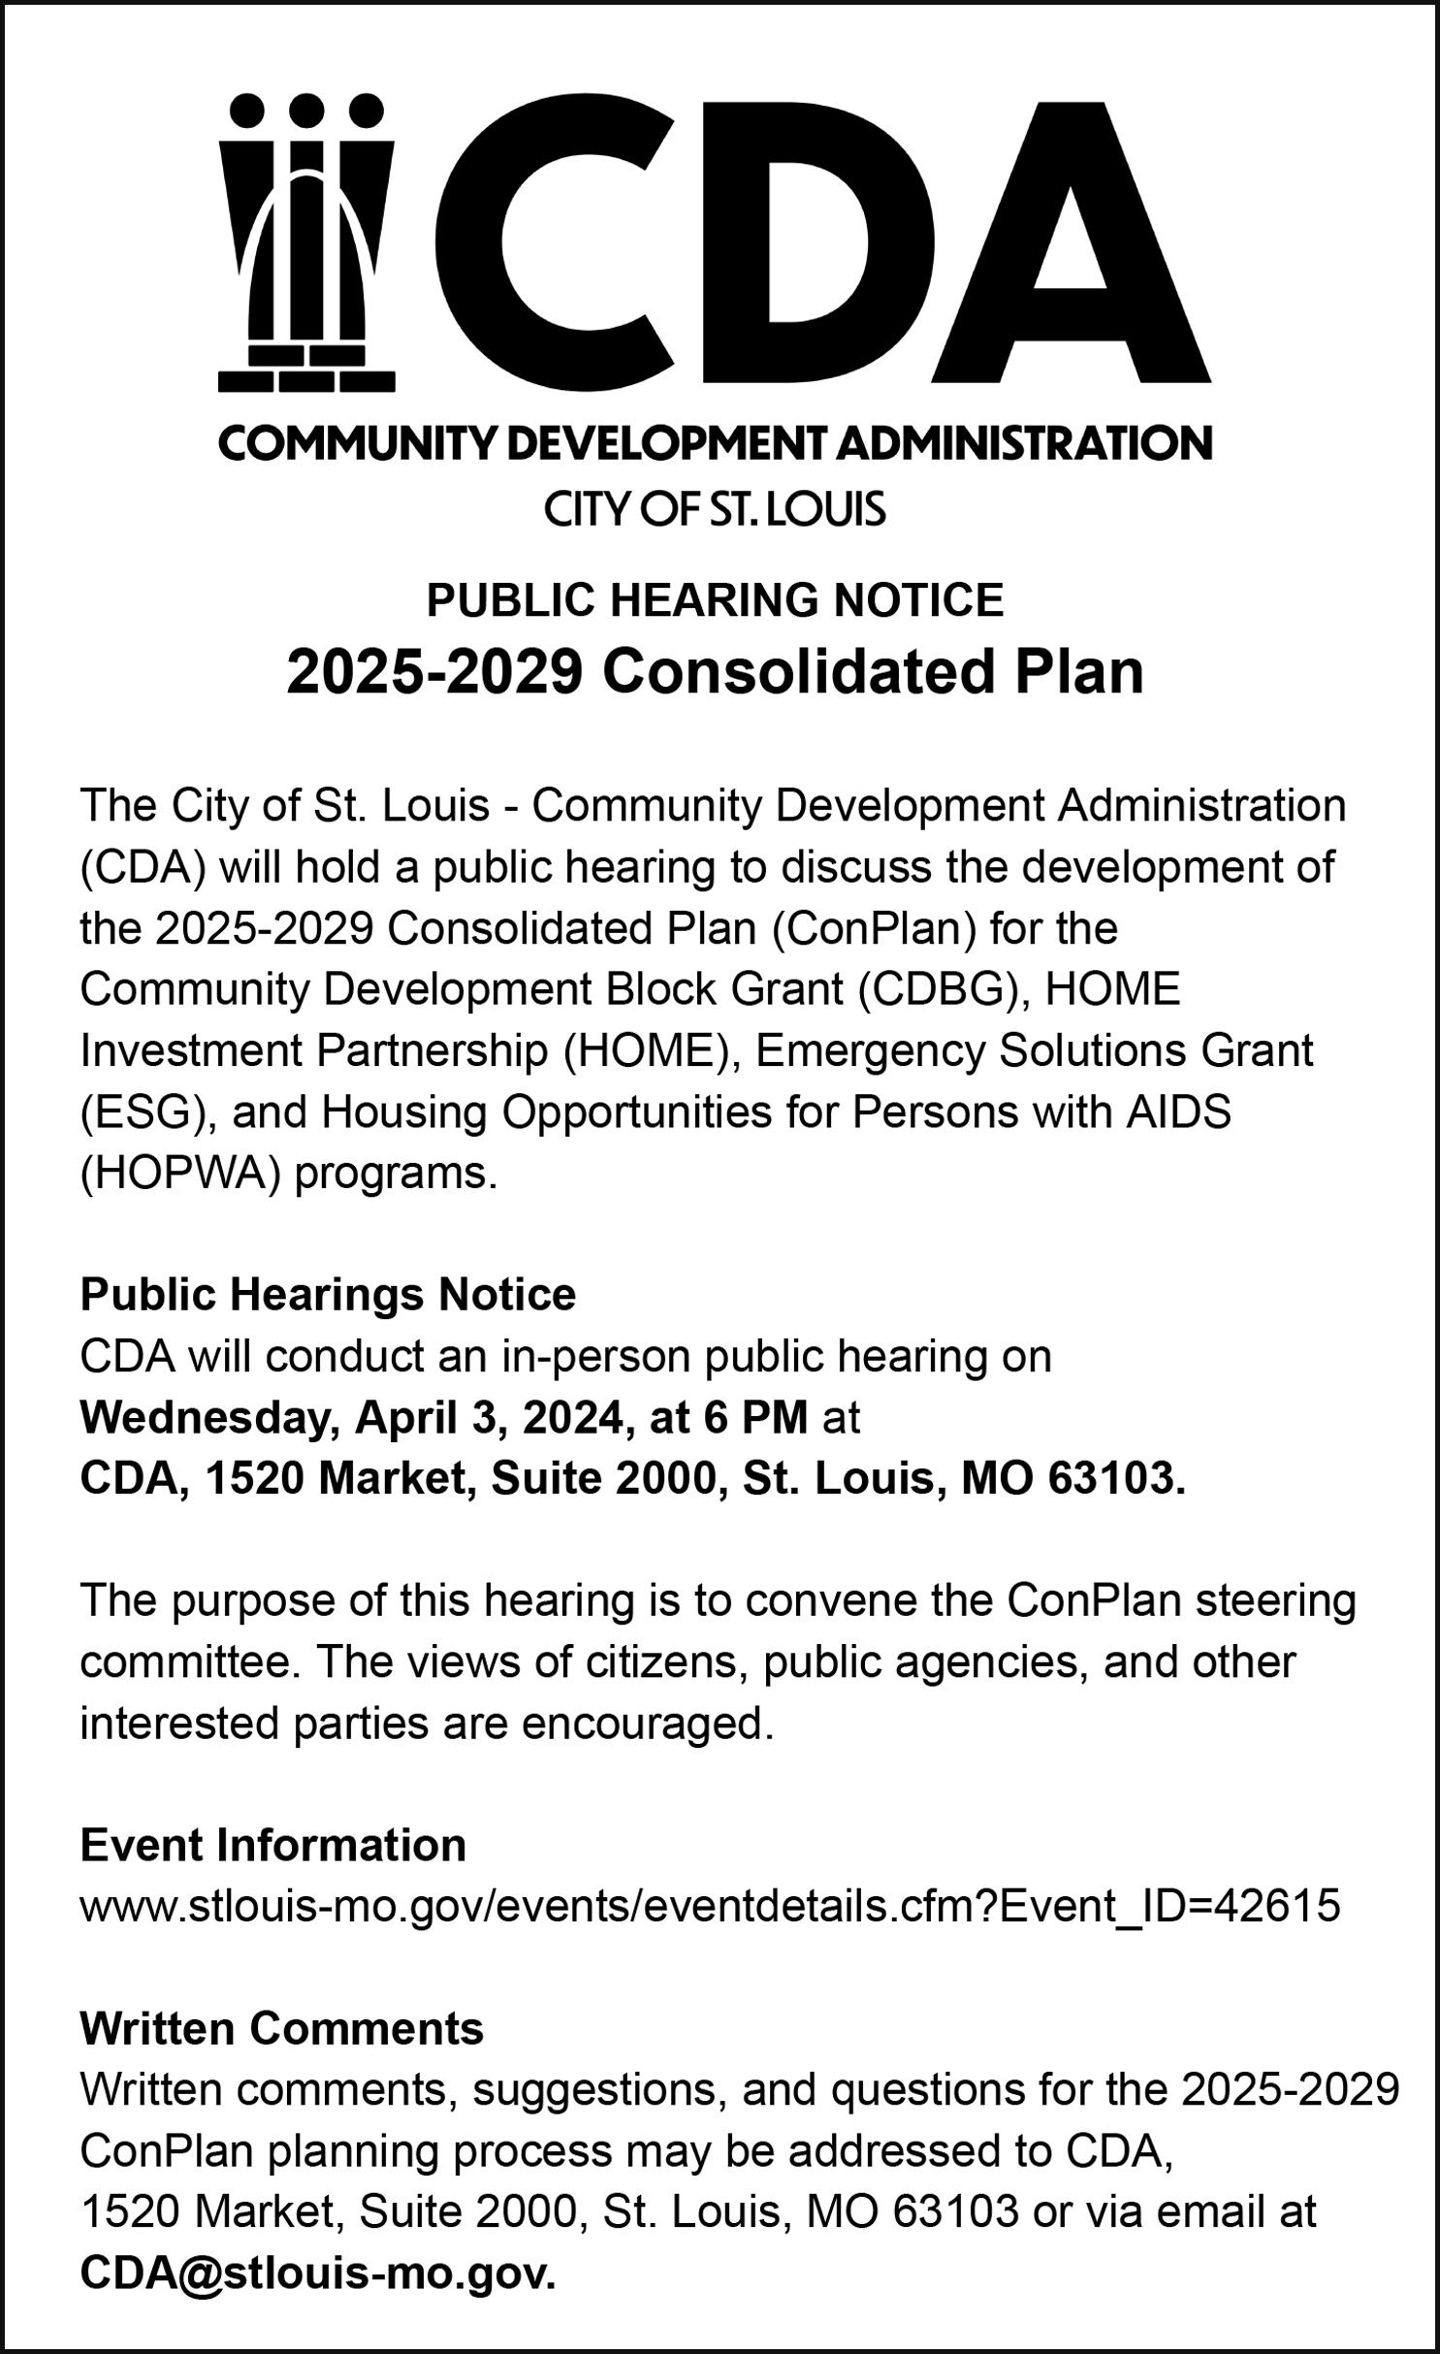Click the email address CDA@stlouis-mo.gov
(317, 2273)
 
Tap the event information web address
(710, 1906)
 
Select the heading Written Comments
(281, 2028)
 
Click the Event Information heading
(272, 1845)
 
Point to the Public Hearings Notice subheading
(328, 1294)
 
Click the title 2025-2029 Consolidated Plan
(715, 672)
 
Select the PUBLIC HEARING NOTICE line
(715, 599)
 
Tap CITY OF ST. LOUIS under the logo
(715, 508)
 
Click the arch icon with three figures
(306, 242)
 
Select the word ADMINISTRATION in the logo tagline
(1023, 444)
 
